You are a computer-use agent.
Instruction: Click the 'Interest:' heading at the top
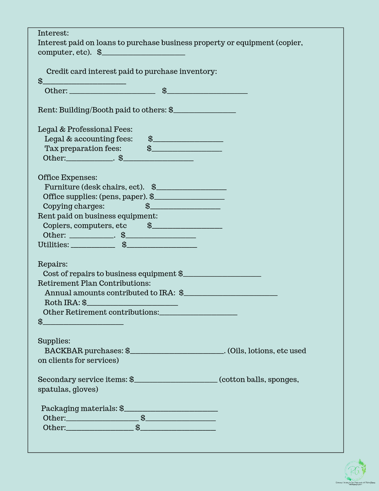pos(53,33)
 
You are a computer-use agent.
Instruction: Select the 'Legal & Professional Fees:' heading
pos(85,129)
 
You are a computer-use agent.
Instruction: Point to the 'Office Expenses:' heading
pos(67,177)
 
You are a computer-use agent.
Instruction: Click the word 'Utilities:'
pos(53,245)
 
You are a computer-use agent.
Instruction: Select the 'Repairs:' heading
pos(53,264)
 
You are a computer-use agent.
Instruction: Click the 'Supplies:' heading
pos(54,341)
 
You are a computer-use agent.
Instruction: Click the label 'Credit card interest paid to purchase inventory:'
pos(131,71)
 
